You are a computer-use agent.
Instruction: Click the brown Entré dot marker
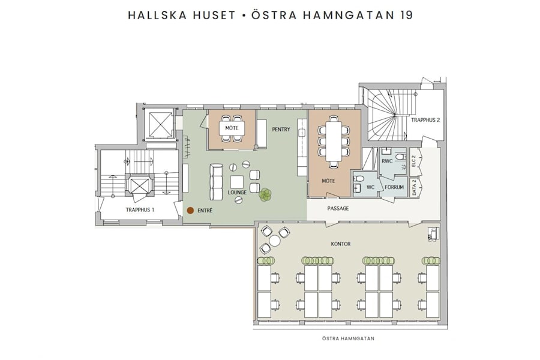coord(190,211)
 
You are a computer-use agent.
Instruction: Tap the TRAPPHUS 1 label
coord(140,209)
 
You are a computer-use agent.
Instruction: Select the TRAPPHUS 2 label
coord(425,120)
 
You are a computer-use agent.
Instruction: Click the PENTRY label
coord(281,129)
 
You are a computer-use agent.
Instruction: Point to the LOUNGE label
coord(238,193)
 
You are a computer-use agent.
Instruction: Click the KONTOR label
coord(340,244)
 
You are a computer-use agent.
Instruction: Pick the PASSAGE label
coord(338,208)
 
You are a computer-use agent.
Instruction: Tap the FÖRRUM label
coord(394,187)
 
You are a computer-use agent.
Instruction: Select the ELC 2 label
coord(413,161)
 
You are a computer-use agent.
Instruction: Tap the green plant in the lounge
coord(265,194)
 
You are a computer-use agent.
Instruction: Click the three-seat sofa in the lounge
coord(215,182)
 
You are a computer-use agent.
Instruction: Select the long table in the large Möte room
coord(334,140)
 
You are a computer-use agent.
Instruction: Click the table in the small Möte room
coord(231,129)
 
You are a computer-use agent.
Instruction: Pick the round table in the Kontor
coord(275,241)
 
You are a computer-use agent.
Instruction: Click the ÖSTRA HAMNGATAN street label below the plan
coord(349,338)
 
